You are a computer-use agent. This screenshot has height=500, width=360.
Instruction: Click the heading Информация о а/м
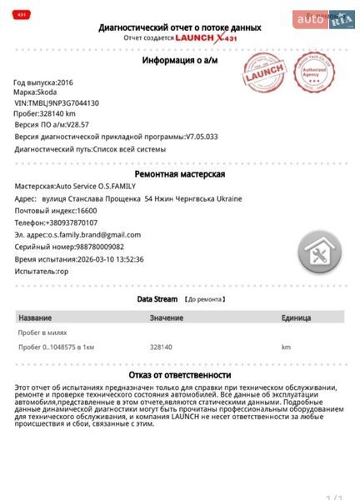[179, 61]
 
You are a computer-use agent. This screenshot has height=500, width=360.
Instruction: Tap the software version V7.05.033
[202, 136]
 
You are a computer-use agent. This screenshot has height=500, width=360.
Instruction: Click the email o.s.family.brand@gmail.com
[93, 235]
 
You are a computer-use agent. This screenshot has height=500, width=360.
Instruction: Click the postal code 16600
[85, 211]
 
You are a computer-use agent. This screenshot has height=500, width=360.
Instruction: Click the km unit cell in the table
[286, 346]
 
